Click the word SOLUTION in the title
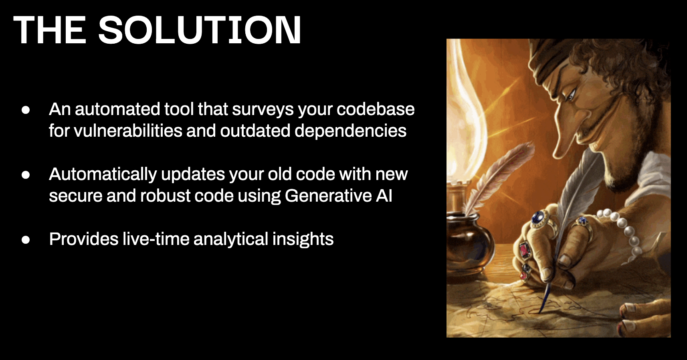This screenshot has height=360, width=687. coord(200,30)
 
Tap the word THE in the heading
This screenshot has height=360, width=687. coord(49,30)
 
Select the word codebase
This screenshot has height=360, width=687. coord(376,109)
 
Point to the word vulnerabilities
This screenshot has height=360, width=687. coord(128,131)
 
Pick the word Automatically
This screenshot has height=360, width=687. coord(103,174)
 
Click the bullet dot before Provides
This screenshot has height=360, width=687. coord(26,239)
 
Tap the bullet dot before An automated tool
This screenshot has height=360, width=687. coord(26,110)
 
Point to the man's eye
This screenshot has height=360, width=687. coord(570,96)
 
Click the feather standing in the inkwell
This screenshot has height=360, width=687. coord(497,178)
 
